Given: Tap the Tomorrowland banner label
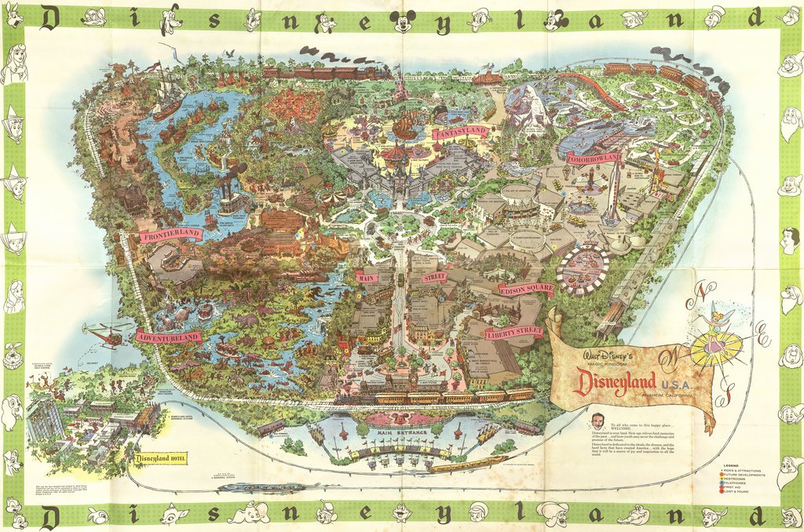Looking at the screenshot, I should coord(594,158).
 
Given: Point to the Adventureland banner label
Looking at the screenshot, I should coord(167,337).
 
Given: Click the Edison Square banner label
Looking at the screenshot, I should coord(526,290).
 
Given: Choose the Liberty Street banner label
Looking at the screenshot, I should coord(513,332).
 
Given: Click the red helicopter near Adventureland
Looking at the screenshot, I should coord(105,335).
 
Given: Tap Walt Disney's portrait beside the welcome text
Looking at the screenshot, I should coord(598,421).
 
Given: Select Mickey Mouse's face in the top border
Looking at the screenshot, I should coord(402,21).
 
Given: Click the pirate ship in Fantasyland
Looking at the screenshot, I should coord(406,126).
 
